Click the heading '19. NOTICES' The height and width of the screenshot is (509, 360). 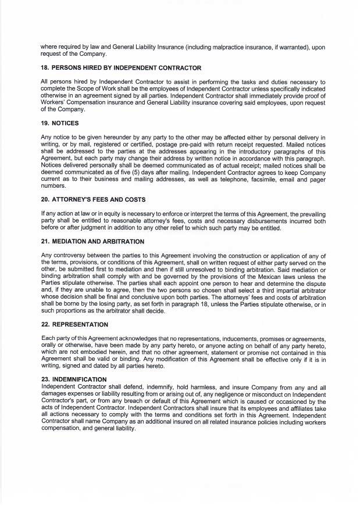coord(62,124)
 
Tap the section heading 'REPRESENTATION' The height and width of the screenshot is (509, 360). coord(76,324)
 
